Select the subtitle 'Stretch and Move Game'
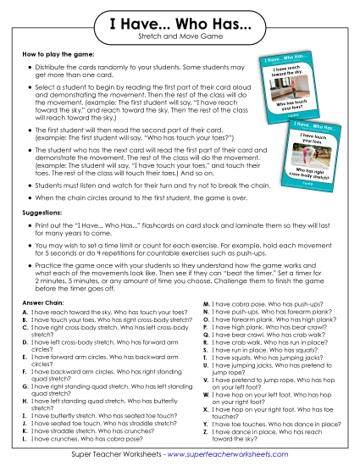[180, 41]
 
